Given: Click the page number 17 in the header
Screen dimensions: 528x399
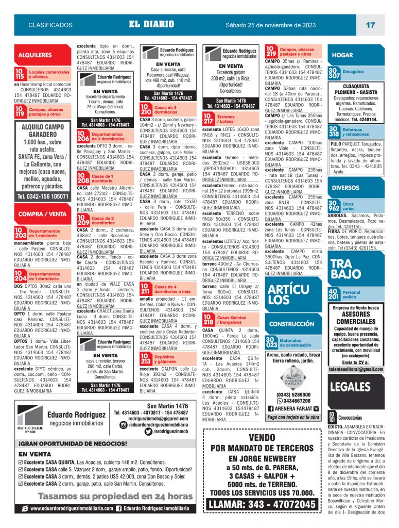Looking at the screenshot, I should tap(370, 25).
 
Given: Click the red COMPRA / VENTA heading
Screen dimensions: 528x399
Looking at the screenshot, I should tap(42, 213).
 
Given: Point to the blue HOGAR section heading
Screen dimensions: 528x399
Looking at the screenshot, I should tap(342, 55).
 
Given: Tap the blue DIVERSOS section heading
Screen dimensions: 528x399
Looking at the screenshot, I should tap(345, 188).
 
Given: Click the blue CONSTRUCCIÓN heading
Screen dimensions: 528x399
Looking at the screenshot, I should tap(292, 324).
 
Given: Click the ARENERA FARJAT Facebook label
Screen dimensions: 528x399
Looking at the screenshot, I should tap(293, 408).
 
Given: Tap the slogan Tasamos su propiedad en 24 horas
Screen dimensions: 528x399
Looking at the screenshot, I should tap(108, 497).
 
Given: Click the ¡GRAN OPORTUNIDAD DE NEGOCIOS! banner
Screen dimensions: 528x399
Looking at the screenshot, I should tap(73, 443).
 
